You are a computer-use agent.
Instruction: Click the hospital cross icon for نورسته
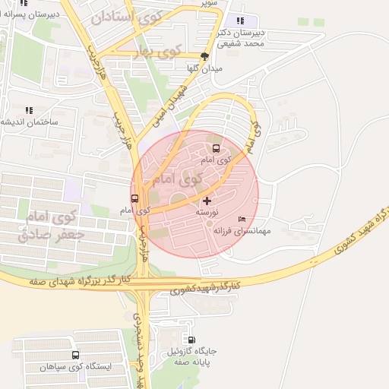point(207,201)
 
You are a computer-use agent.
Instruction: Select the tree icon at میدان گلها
point(204,56)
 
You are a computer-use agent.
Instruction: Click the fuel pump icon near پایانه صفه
point(191,340)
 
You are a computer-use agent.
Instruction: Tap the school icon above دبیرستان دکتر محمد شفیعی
point(241,21)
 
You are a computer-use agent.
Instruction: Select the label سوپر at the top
point(207,3)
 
